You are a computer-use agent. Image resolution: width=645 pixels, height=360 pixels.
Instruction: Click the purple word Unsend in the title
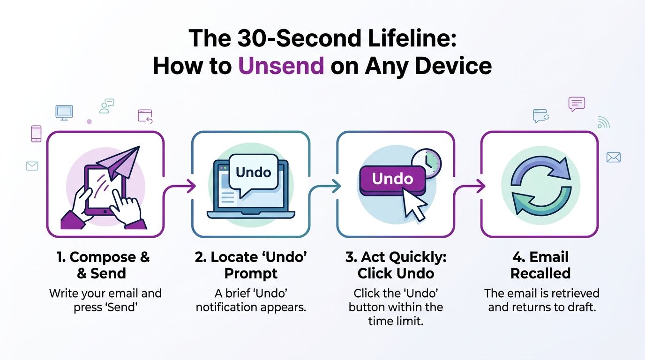[281, 67]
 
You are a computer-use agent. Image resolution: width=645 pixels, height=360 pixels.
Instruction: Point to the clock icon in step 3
[426, 163]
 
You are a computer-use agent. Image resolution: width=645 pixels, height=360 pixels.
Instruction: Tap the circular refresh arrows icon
[540, 183]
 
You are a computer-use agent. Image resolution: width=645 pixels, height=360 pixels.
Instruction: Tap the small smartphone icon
[36, 134]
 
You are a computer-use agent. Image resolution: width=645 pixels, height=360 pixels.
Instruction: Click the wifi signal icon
[603, 122]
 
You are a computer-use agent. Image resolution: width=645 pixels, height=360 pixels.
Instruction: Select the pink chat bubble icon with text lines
[577, 104]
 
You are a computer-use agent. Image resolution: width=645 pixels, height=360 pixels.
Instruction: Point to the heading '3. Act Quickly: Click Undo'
[396, 265]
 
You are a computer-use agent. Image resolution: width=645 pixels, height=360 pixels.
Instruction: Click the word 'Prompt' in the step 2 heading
[251, 273]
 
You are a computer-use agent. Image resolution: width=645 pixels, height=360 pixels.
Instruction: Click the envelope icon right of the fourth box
[613, 157]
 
